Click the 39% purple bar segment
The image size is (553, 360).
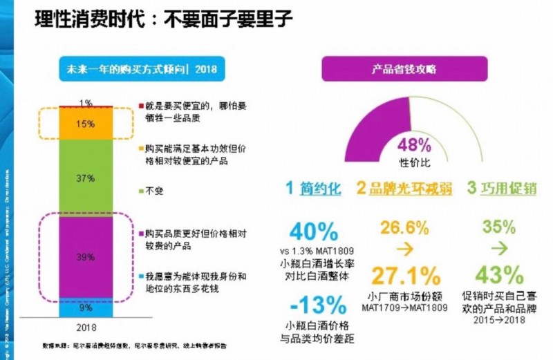[x=86, y=256]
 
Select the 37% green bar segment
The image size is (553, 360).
[x=86, y=178]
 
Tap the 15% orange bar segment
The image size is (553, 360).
[x=86, y=124]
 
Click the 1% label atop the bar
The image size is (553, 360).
[x=86, y=104]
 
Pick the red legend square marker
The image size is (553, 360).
[x=142, y=105]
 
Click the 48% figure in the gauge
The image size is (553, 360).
[x=415, y=145]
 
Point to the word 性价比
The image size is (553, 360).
[x=415, y=161]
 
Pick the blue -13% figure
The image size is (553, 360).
[x=317, y=305]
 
